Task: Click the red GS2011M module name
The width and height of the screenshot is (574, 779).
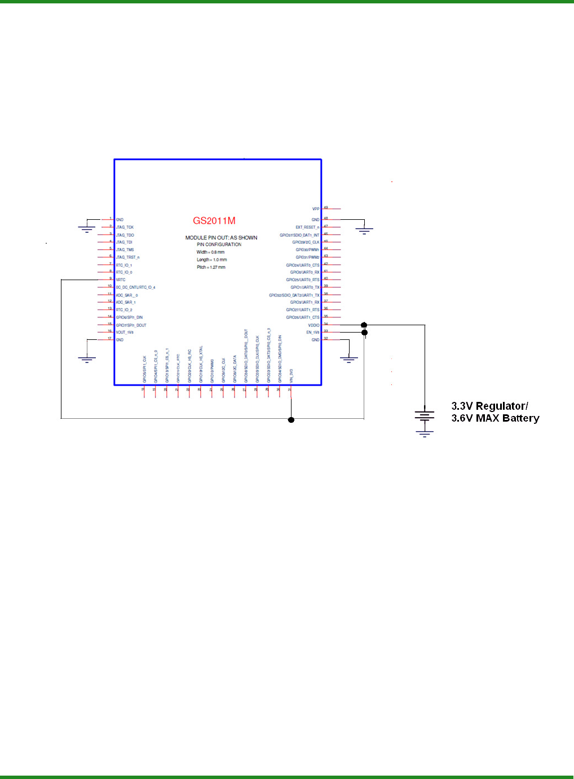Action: [x=214, y=221]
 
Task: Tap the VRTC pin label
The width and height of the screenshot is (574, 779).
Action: [x=121, y=280]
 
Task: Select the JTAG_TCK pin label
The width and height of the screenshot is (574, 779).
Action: [x=125, y=227]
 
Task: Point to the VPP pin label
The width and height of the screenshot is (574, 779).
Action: [x=316, y=209]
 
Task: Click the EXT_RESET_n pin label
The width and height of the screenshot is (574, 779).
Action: [x=307, y=227]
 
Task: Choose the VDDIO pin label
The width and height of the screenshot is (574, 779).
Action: [x=314, y=325]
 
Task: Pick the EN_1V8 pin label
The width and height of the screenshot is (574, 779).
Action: [x=312, y=333]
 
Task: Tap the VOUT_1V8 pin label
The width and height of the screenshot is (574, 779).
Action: [x=125, y=333]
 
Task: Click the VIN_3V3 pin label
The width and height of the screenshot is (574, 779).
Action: [x=291, y=376]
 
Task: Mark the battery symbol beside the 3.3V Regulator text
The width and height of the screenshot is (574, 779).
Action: [x=425, y=417]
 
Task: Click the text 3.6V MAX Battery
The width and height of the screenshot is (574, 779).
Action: [x=495, y=418]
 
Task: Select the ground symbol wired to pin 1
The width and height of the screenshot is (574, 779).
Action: [x=86, y=228]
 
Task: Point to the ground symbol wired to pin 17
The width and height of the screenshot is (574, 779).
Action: [x=87, y=358]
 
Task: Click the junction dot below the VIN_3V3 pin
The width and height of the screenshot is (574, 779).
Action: [x=291, y=419]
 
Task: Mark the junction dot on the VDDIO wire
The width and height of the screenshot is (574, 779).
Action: [x=364, y=325]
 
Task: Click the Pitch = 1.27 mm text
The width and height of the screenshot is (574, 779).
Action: [x=211, y=267]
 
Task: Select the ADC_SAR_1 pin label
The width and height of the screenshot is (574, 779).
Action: [x=126, y=302]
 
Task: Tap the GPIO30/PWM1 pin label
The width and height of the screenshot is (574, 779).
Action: [x=307, y=250]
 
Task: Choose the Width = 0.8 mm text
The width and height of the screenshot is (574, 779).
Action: [x=210, y=252]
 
